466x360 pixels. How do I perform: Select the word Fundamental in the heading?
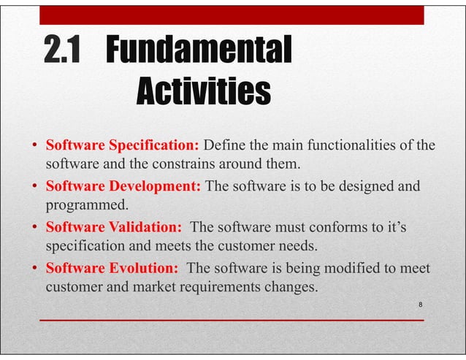(x=199, y=51)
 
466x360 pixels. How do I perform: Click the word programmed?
(x=82, y=204)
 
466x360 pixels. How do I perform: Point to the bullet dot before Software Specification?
(x=34, y=145)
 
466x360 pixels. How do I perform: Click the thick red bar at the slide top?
(x=231, y=15)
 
